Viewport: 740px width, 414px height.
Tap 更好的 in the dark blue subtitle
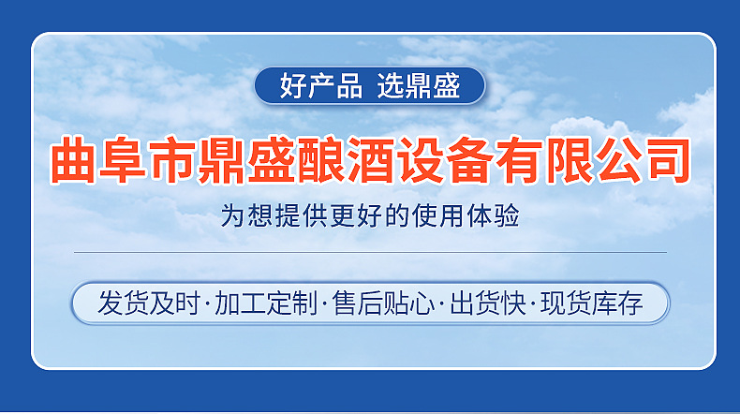click(x=355, y=217)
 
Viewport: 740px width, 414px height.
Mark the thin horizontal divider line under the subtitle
click(x=370, y=252)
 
